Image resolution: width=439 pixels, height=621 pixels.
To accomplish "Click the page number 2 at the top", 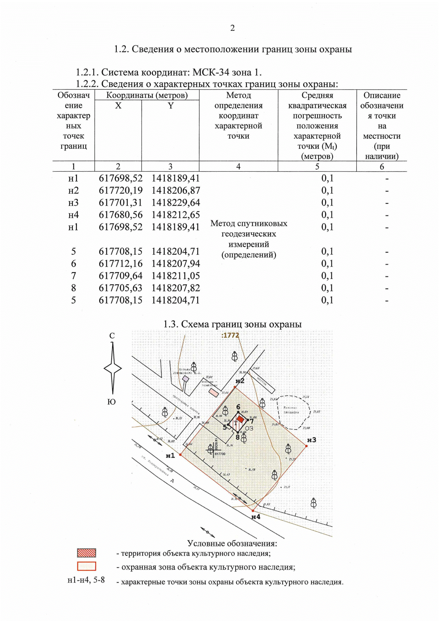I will [232, 28].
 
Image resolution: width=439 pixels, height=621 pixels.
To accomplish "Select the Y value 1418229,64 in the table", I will [176, 203].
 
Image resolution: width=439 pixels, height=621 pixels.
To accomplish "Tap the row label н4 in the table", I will [73, 215].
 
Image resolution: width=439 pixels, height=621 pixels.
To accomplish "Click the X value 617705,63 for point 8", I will [120, 288].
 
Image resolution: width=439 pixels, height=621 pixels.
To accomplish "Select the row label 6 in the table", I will [74, 263].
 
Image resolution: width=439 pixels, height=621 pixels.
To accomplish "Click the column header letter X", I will [118, 106].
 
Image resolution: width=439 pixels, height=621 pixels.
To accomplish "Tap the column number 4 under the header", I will [238, 167].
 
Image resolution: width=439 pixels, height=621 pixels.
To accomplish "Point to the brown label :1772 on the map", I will [230, 335].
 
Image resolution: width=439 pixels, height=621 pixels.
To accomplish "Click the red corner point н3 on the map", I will [306, 446].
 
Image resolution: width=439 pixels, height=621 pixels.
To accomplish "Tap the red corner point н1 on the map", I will [180, 454].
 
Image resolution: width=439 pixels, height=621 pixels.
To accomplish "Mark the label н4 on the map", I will [256, 517].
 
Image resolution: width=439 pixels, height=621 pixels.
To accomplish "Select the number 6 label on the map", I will [238, 407].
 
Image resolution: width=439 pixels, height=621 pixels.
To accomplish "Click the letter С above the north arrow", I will [112, 336].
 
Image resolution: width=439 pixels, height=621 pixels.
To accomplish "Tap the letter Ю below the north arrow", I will [112, 402].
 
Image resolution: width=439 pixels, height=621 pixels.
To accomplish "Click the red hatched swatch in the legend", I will [86, 553].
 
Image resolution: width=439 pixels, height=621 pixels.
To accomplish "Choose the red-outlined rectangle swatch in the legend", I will [86, 566].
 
